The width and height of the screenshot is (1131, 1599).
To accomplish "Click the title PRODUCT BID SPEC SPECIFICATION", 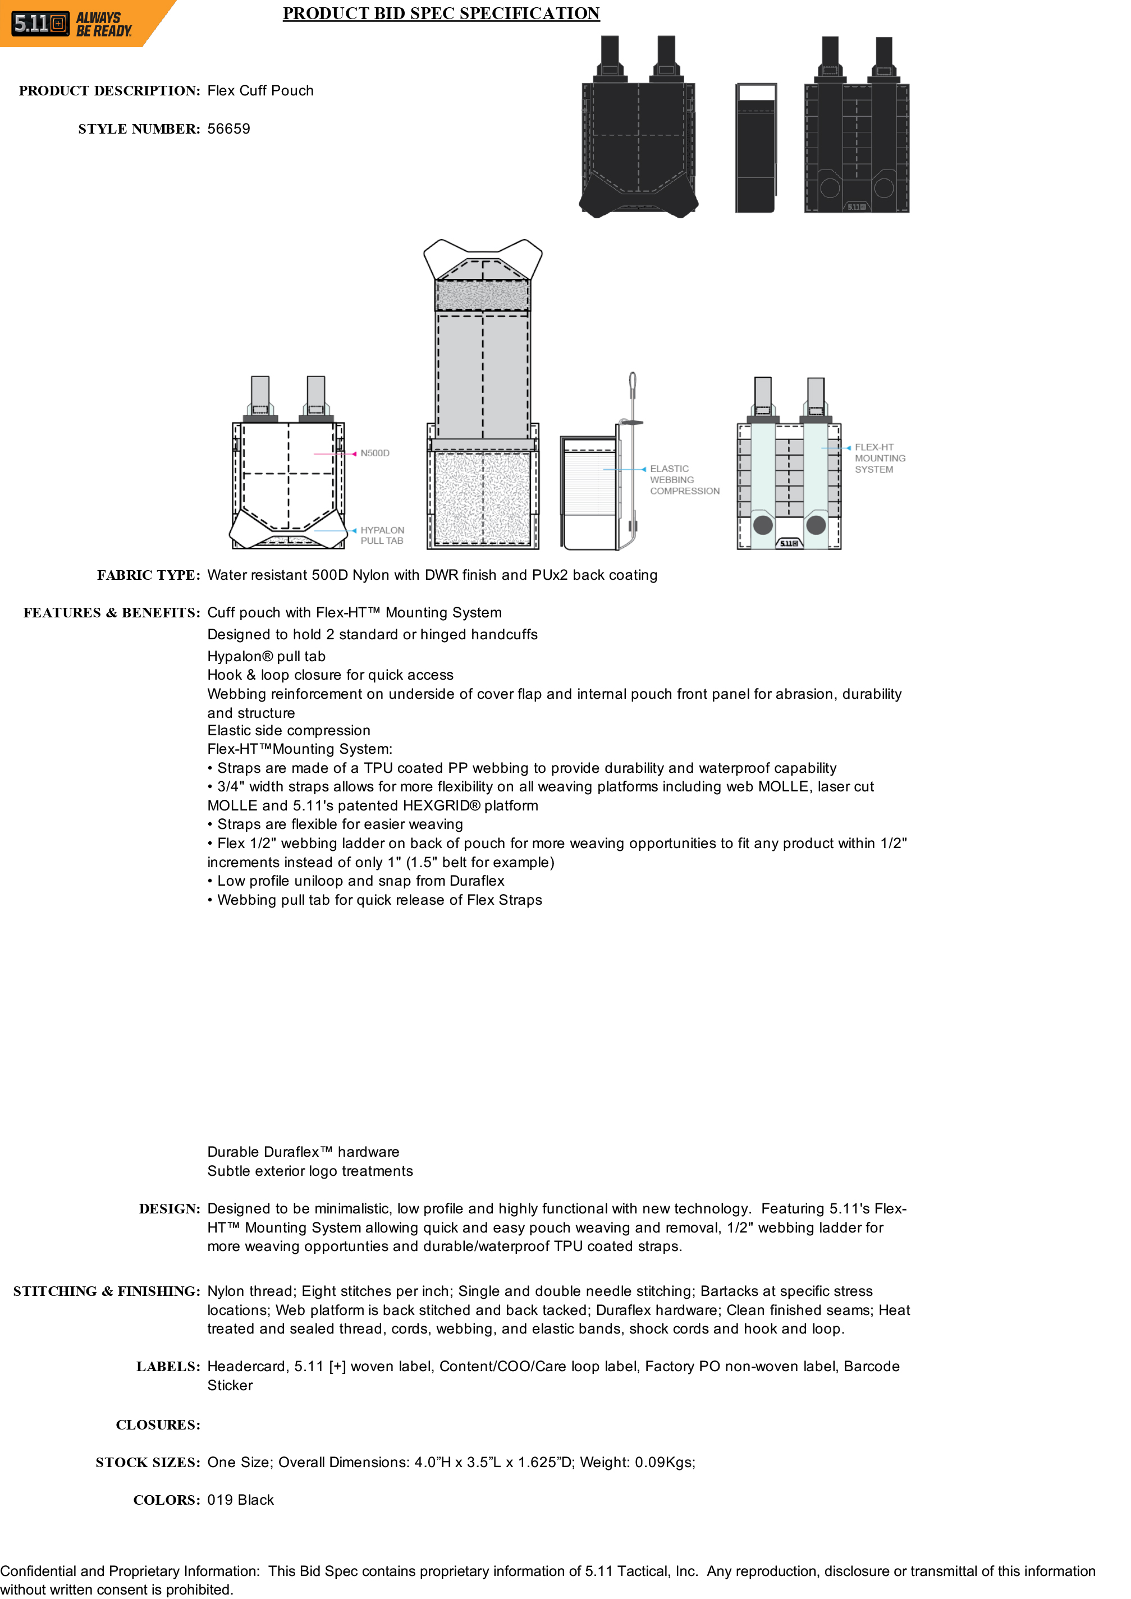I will [x=441, y=13].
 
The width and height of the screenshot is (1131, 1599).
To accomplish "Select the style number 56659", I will [x=228, y=129].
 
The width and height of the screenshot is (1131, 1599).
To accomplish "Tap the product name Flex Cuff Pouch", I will [x=260, y=90].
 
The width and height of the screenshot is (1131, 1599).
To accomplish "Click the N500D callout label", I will [x=375, y=453].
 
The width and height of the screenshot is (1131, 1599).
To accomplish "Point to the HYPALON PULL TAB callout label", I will [x=382, y=535].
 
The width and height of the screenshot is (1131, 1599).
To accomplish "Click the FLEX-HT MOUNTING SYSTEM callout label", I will [x=880, y=458].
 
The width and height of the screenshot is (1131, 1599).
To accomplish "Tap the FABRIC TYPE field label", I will [x=148, y=575].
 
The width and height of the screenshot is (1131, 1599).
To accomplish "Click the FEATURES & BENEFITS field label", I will [x=112, y=613].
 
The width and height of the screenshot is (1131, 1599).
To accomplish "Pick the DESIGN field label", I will [x=170, y=1209].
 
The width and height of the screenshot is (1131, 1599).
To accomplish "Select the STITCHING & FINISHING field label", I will [x=107, y=1291].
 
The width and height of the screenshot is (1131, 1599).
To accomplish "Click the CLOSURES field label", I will [x=158, y=1425].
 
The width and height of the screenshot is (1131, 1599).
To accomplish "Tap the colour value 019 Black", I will [x=240, y=1500].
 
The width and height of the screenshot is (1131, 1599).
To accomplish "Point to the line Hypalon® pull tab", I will [x=266, y=656].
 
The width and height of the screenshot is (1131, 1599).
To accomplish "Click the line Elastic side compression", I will [x=289, y=731].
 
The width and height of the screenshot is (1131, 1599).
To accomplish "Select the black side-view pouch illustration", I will [x=755, y=148].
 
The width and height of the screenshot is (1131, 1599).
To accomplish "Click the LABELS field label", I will [x=168, y=1367].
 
